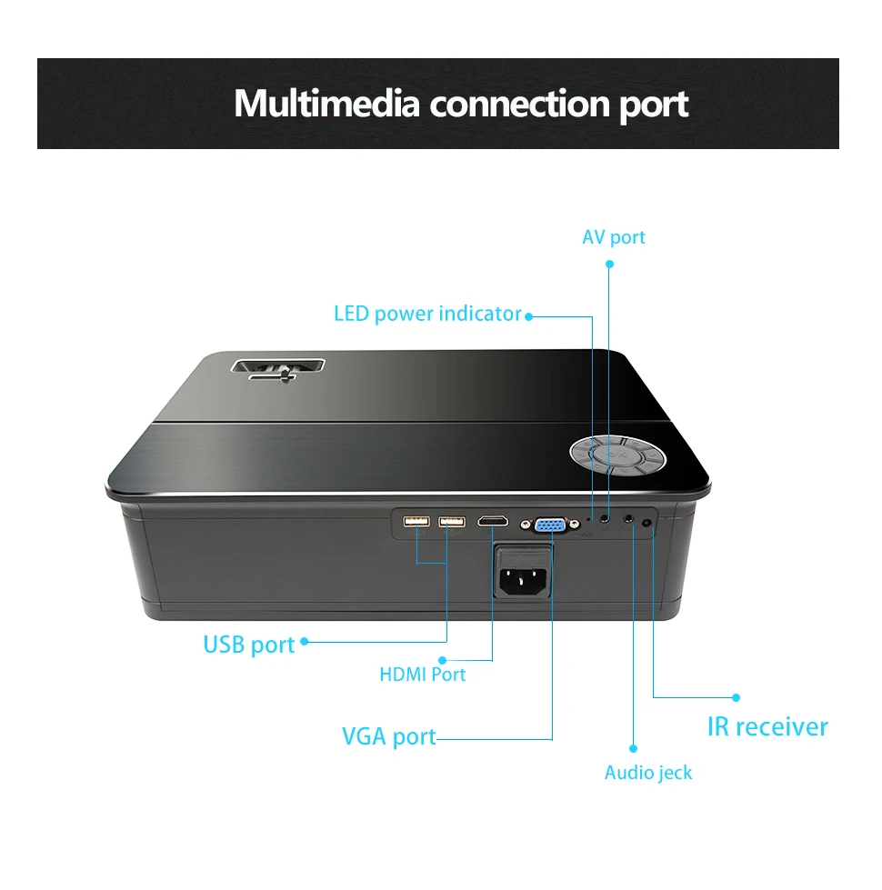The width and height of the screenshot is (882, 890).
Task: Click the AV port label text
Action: pyautogui.click(x=614, y=237)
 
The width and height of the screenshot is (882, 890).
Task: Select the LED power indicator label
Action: pyautogui.click(x=427, y=315)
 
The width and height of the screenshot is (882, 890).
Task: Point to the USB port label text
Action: pyautogui.click(x=249, y=645)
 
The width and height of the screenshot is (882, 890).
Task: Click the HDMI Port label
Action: pyautogui.click(x=422, y=675)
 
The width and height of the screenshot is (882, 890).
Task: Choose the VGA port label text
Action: pyautogui.click(x=389, y=735)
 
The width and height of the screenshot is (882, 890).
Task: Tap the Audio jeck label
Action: pyautogui.click(x=648, y=773)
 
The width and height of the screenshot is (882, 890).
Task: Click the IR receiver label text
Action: pyautogui.click(x=767, y=726)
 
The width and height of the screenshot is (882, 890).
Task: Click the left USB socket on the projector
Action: pyautogui.click(x=416, y=522)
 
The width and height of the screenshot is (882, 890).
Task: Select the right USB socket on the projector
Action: pyautogui.click(x=451, y=522)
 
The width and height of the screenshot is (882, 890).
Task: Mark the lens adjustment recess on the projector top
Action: pyautogui.click(x=278, y=371)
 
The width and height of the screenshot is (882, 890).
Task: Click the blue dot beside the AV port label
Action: pyautogui.click(x=610, y=264)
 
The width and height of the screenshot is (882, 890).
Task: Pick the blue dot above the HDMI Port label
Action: pyautogui.click(x=443, y=659)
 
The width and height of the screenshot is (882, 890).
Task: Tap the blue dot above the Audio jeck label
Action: pyautogui.click(x=633, y=748)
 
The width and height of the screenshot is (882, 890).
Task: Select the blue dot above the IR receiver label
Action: pyautogui.click(x=737, y=697)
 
